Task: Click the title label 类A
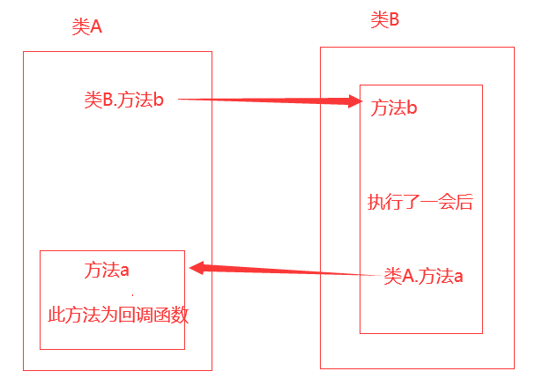point(87,26)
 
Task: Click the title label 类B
point(385,19)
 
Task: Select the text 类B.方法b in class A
point(124,100)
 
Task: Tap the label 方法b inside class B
point(394,108)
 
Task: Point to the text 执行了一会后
point(420,202)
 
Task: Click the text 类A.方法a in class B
point(424,276)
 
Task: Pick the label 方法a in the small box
point(108,270)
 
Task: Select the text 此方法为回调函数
point(118,315)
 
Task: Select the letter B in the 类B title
point(394,19)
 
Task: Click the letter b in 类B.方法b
point(160,100)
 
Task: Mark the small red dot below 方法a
point(133,292)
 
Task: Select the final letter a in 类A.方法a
point(458,276)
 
